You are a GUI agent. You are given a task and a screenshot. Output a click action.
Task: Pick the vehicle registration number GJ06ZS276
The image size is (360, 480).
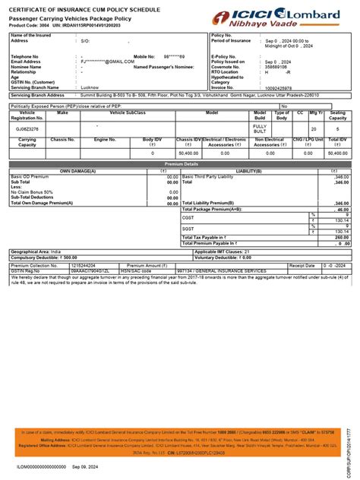coord(27,129)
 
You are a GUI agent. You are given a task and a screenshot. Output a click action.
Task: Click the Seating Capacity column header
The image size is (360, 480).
coord(336,115)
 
